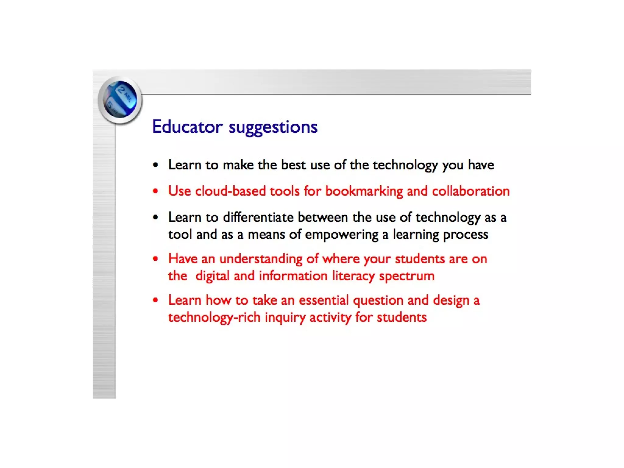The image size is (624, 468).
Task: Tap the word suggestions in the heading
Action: (x=273, y=127)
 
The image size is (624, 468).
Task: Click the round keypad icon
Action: (x=120, y=100)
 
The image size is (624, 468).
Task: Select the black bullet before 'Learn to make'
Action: (x=156, y=165)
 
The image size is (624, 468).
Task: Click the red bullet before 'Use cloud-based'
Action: (x=156, y=191)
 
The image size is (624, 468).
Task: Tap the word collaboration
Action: (x=471, y=191)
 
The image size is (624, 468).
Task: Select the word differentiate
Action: (x=258, y=217)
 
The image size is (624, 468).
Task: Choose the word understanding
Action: (x=261, y=259)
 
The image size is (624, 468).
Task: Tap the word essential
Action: (x=324, y=300)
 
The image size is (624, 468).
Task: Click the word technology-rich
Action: (x=214, y=317)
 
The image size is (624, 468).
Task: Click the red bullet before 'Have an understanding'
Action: (x=156, y=259)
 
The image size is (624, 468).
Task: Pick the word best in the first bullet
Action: (x=293, y=165)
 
